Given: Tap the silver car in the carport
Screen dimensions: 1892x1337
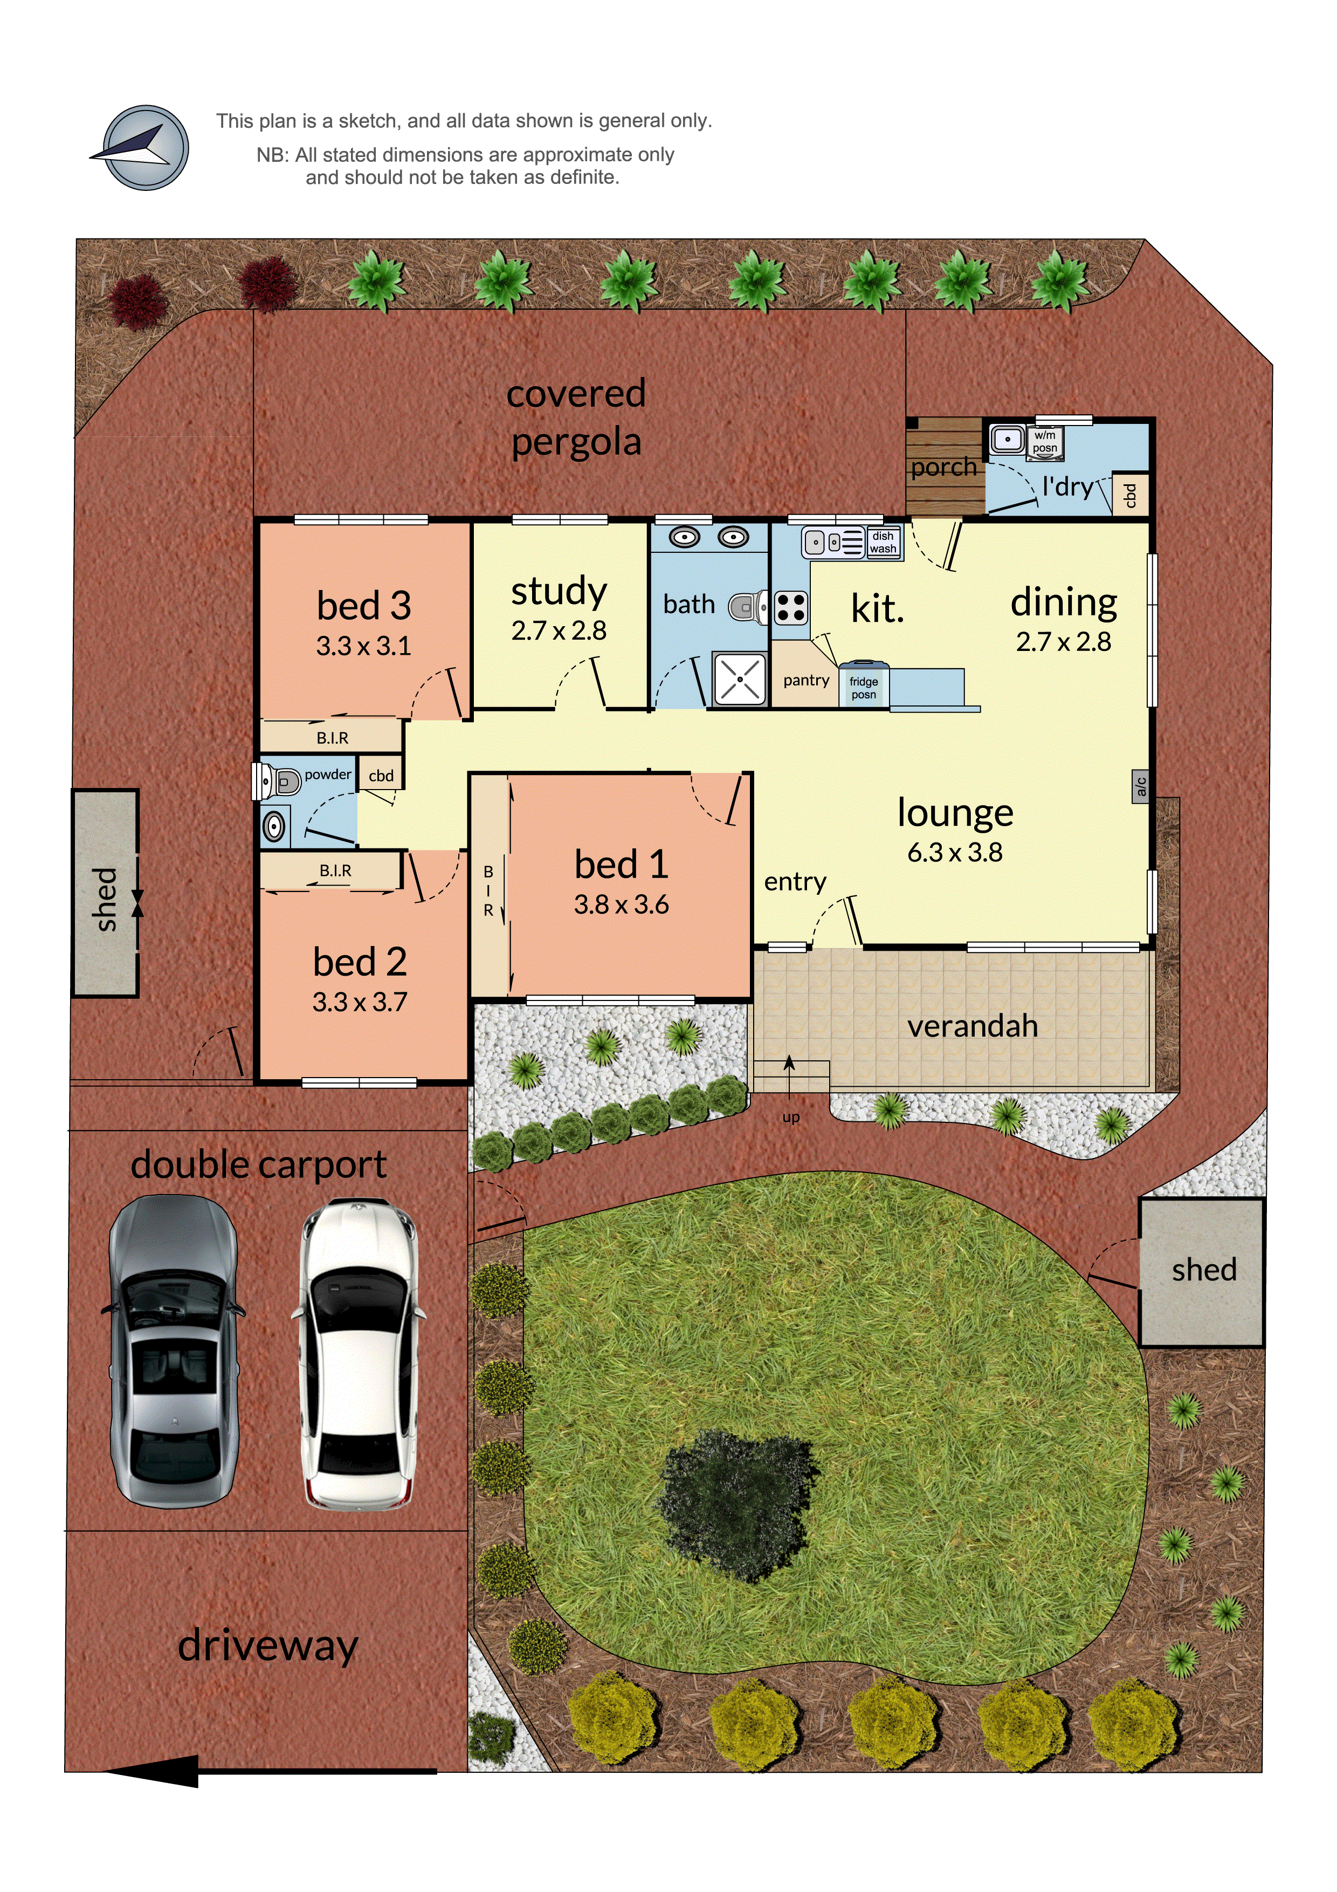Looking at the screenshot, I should [173, 1352].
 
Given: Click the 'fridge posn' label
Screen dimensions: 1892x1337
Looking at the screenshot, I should [863, 687].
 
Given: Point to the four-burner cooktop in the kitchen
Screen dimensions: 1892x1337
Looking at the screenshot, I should [791, 608].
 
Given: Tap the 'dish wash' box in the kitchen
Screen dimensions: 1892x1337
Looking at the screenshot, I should [883, 542].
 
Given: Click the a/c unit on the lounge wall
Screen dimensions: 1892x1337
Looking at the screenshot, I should [1140, 786].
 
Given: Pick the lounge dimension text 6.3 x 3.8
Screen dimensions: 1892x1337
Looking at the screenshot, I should [955, 852].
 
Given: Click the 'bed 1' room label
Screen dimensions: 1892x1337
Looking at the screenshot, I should [621, 865].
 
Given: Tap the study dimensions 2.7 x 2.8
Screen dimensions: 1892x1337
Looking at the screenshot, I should [559, 630].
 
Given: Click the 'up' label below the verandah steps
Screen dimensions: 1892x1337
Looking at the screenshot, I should [791, 1118].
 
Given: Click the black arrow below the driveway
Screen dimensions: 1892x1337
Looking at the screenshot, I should [156, 1770].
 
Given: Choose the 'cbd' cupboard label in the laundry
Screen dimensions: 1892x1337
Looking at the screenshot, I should [1130, 495].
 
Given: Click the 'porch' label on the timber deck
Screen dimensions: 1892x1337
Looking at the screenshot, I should [943, 467].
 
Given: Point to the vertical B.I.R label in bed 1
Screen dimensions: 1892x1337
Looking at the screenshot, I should [488, 891].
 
